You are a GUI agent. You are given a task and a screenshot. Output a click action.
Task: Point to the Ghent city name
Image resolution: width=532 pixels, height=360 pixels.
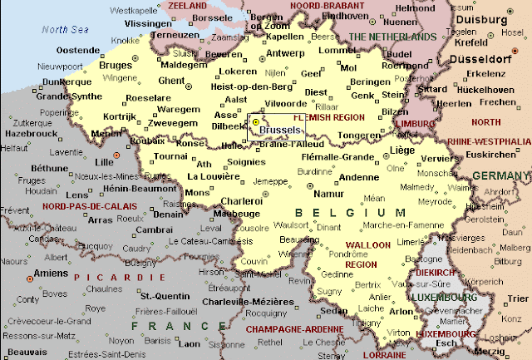171,81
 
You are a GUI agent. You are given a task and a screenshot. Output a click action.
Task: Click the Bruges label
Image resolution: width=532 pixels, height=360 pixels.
115,65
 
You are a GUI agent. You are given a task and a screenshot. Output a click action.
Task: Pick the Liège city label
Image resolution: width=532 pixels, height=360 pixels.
401,150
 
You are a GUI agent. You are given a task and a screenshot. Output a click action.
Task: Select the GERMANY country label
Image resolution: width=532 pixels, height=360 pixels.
500,175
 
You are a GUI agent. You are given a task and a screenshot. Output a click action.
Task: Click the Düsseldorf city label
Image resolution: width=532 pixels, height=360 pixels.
480,59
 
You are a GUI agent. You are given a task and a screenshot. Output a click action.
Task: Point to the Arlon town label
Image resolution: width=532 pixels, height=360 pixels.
401,312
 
